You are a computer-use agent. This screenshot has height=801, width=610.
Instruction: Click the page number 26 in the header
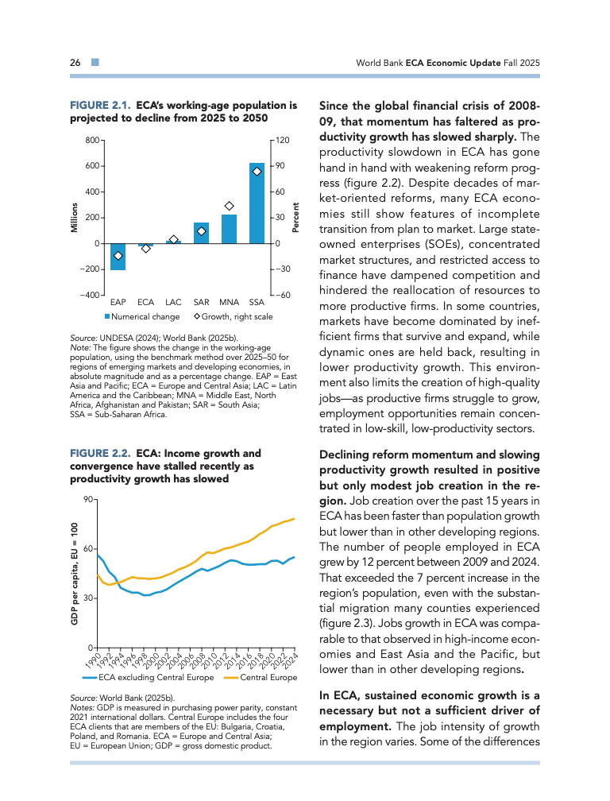[75, 62]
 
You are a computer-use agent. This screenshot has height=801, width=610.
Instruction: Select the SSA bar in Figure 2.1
[257, 203]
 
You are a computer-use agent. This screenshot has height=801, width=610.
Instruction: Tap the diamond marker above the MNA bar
[230, 206]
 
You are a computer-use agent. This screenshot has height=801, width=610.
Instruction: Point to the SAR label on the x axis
[201, 303]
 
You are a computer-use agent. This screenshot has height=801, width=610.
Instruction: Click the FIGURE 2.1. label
[101, 104]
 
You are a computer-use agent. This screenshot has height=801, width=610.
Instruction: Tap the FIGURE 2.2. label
[101, 454]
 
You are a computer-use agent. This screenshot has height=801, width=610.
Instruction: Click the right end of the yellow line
[295, 519]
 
